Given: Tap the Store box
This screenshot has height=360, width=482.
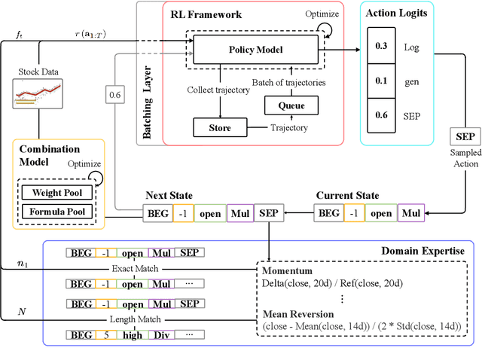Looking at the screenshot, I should [221, 127].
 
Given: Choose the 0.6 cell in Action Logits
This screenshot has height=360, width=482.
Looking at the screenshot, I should [382, 114].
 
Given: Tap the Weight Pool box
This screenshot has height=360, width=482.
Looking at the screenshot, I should [57, 192].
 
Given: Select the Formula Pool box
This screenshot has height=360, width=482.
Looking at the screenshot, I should [57, 212].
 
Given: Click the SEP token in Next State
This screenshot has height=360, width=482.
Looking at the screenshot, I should [269, 213].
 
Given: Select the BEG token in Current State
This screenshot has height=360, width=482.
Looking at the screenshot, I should [328, 213].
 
